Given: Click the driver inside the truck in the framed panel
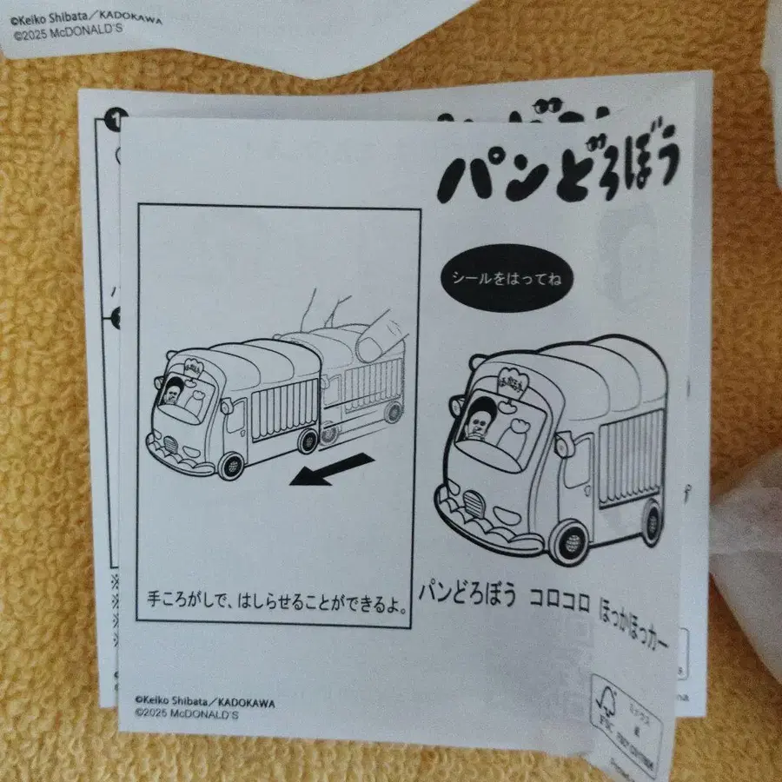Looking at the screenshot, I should pyautogui.click(x=175, y=395).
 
